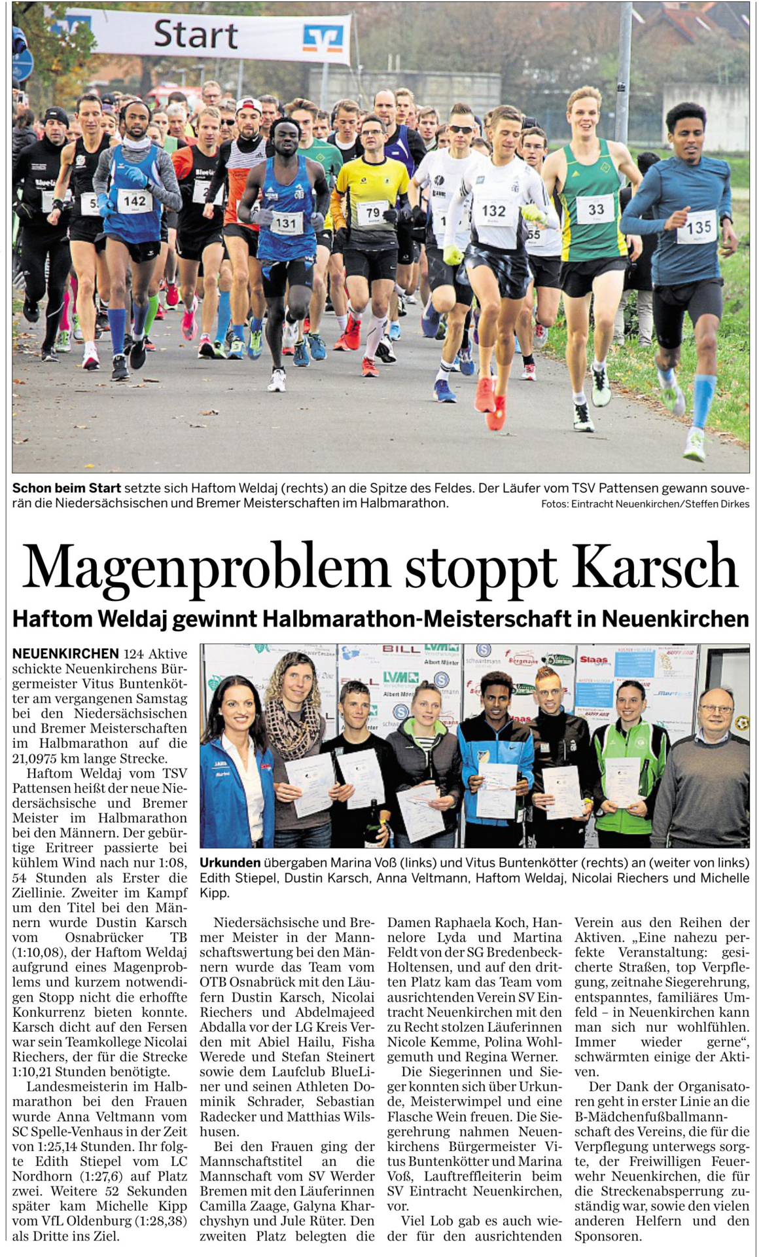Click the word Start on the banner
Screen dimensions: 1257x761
tap(195, 33)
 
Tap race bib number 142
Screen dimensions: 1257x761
tap(135, 201)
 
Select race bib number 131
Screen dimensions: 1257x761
tap(286, 223)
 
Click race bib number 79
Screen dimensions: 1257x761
tap(372, 212)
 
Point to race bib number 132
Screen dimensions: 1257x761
tap(493, 210)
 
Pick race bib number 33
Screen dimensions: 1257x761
tap(595, 209)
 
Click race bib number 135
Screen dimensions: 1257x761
tap(698, 227)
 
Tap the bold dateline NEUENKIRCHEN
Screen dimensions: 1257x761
tap(65, 653)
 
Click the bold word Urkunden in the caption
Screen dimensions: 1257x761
tap(230, 862)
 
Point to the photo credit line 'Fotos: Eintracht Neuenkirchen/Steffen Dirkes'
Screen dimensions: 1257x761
tap(645, 503)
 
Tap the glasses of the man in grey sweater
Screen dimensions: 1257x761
tap(715, 709)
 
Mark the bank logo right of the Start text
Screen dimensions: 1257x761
tap(323, 37)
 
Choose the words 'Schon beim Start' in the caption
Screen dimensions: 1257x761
tap(67, 488)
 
